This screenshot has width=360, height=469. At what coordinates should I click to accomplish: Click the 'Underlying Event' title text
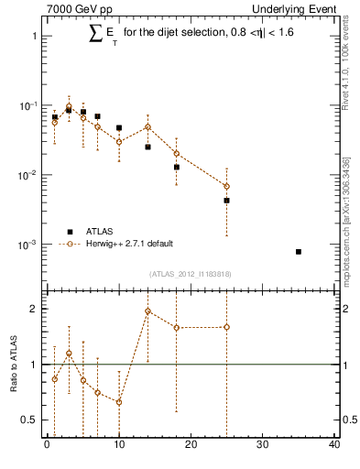[x=297, y=8]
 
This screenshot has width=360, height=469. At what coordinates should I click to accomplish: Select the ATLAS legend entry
[x=101, y=231]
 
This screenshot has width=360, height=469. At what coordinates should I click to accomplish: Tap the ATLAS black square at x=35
[x=299, y=251]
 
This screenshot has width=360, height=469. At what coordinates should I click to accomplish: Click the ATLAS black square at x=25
[x=226, y=200]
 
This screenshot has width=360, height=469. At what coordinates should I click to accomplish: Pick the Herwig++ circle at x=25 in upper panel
[x=226, y=186]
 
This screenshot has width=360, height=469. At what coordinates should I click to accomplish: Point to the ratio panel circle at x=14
[x=147, y=311]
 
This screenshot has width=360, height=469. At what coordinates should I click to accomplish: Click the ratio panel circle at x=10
[x=119, y=402]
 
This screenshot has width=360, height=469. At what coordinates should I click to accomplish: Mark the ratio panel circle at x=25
[x=226, y=327]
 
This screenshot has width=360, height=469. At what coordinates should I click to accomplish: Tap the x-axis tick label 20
[x=191, y=445]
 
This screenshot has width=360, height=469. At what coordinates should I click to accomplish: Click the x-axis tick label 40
[x=334, y=445]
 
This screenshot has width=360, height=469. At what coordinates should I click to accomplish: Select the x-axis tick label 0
[x=47, y=445]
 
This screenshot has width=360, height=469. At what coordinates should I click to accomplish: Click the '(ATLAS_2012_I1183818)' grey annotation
[x=191, y=273]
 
